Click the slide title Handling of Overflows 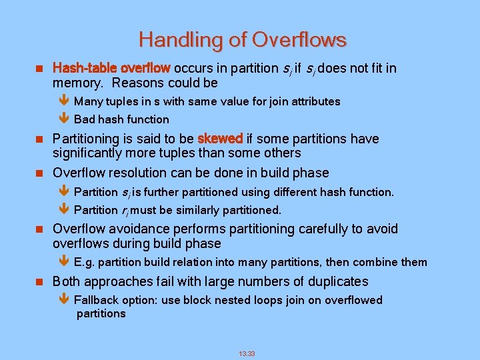[x=243, y=40]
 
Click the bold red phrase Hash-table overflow [x=111, y=69]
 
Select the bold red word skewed [x=220, y=139]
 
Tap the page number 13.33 [x=247, y=353]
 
